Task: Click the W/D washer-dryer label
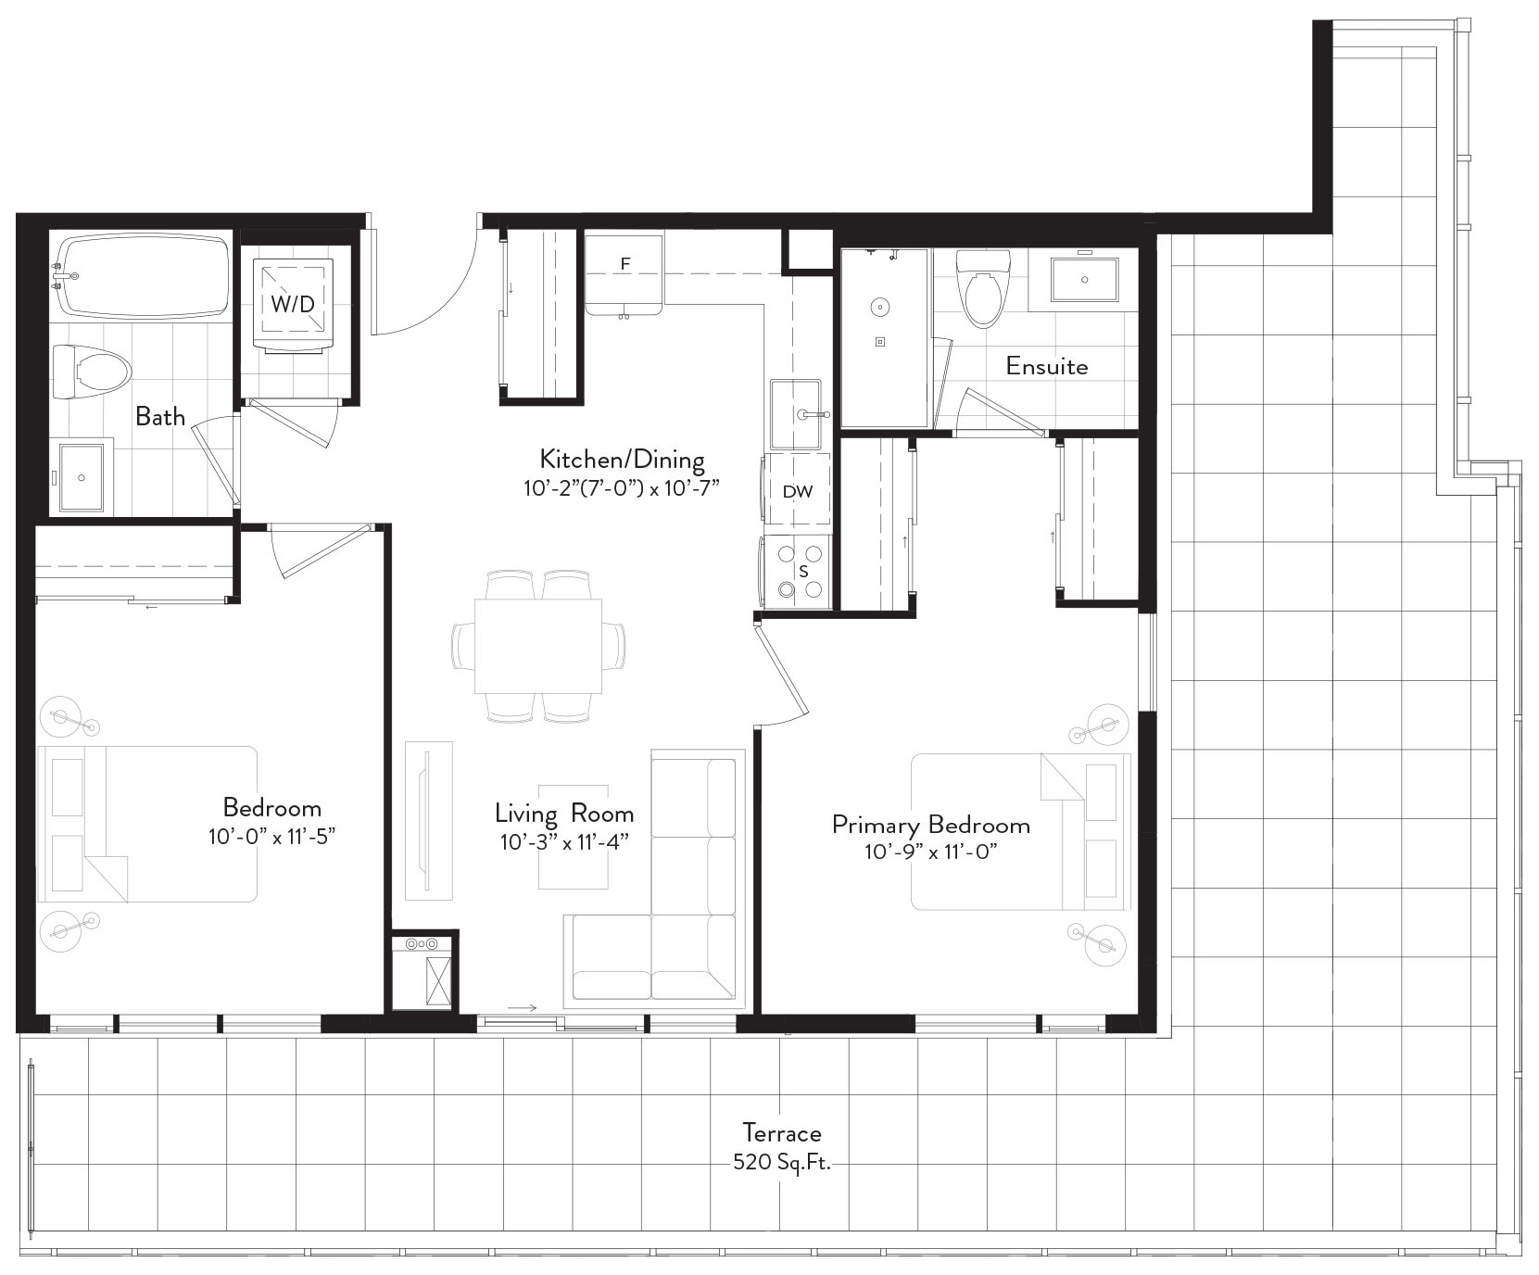pos(293,303)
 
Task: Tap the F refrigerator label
pos(625,264)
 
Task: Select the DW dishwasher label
pos(798,491)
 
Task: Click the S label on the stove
pos(803,572)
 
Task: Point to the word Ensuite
pos(1047,366)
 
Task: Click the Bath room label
pos(160,416)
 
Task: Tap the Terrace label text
pos(782,1132)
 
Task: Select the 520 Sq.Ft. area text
pos(782,1162)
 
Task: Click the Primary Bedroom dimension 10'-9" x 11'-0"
pos(930,852)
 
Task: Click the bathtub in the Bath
pos(141,275)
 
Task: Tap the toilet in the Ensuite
pos(984,288)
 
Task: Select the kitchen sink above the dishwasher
pos(796,414)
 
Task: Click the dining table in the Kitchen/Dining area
pos(537,646)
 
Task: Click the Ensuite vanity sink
pos(1084,279)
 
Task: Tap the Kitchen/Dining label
pos(622,460)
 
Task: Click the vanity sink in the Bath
pos(82,477)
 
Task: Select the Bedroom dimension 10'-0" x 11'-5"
pos(271,836)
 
